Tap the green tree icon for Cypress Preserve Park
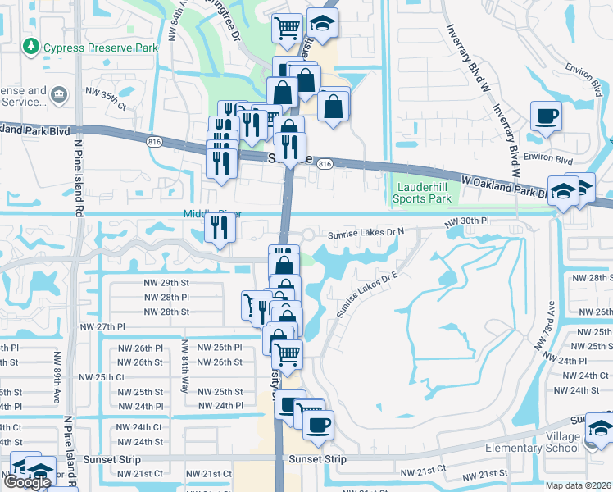point(31,47)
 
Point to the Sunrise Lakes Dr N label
point(366,233)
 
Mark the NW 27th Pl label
point(102,326)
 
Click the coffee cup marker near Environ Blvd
point(546,116)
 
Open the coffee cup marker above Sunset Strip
point(318,424)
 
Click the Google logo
point(27,483)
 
